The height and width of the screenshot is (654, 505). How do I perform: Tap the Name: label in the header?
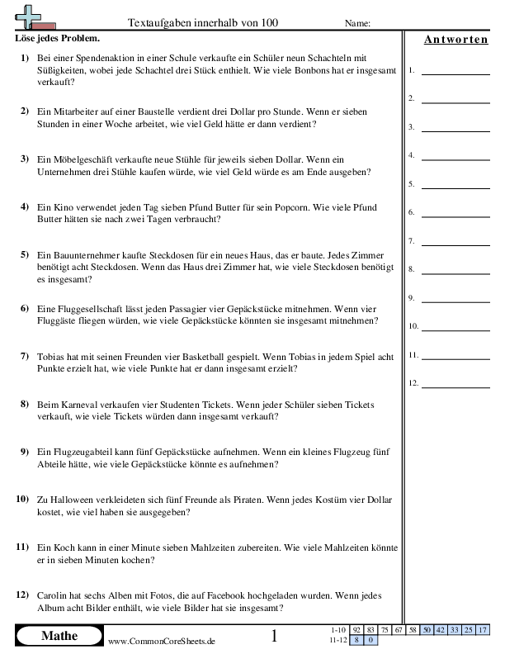[357, 24]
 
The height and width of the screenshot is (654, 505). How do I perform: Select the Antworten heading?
[455, 40]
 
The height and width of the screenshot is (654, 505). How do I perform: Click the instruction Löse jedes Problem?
[58, 39]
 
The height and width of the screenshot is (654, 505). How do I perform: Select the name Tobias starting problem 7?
[52, 357]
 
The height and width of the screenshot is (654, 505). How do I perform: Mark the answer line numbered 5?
[455, 184]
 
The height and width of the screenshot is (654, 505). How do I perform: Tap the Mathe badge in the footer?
[59, 636]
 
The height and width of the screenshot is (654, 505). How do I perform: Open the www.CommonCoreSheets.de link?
[162, 641]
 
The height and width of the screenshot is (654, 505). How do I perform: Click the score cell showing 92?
[356, 630]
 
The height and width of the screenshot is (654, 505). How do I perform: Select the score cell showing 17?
[483, 630]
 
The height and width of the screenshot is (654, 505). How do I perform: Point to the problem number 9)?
[22, 453]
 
